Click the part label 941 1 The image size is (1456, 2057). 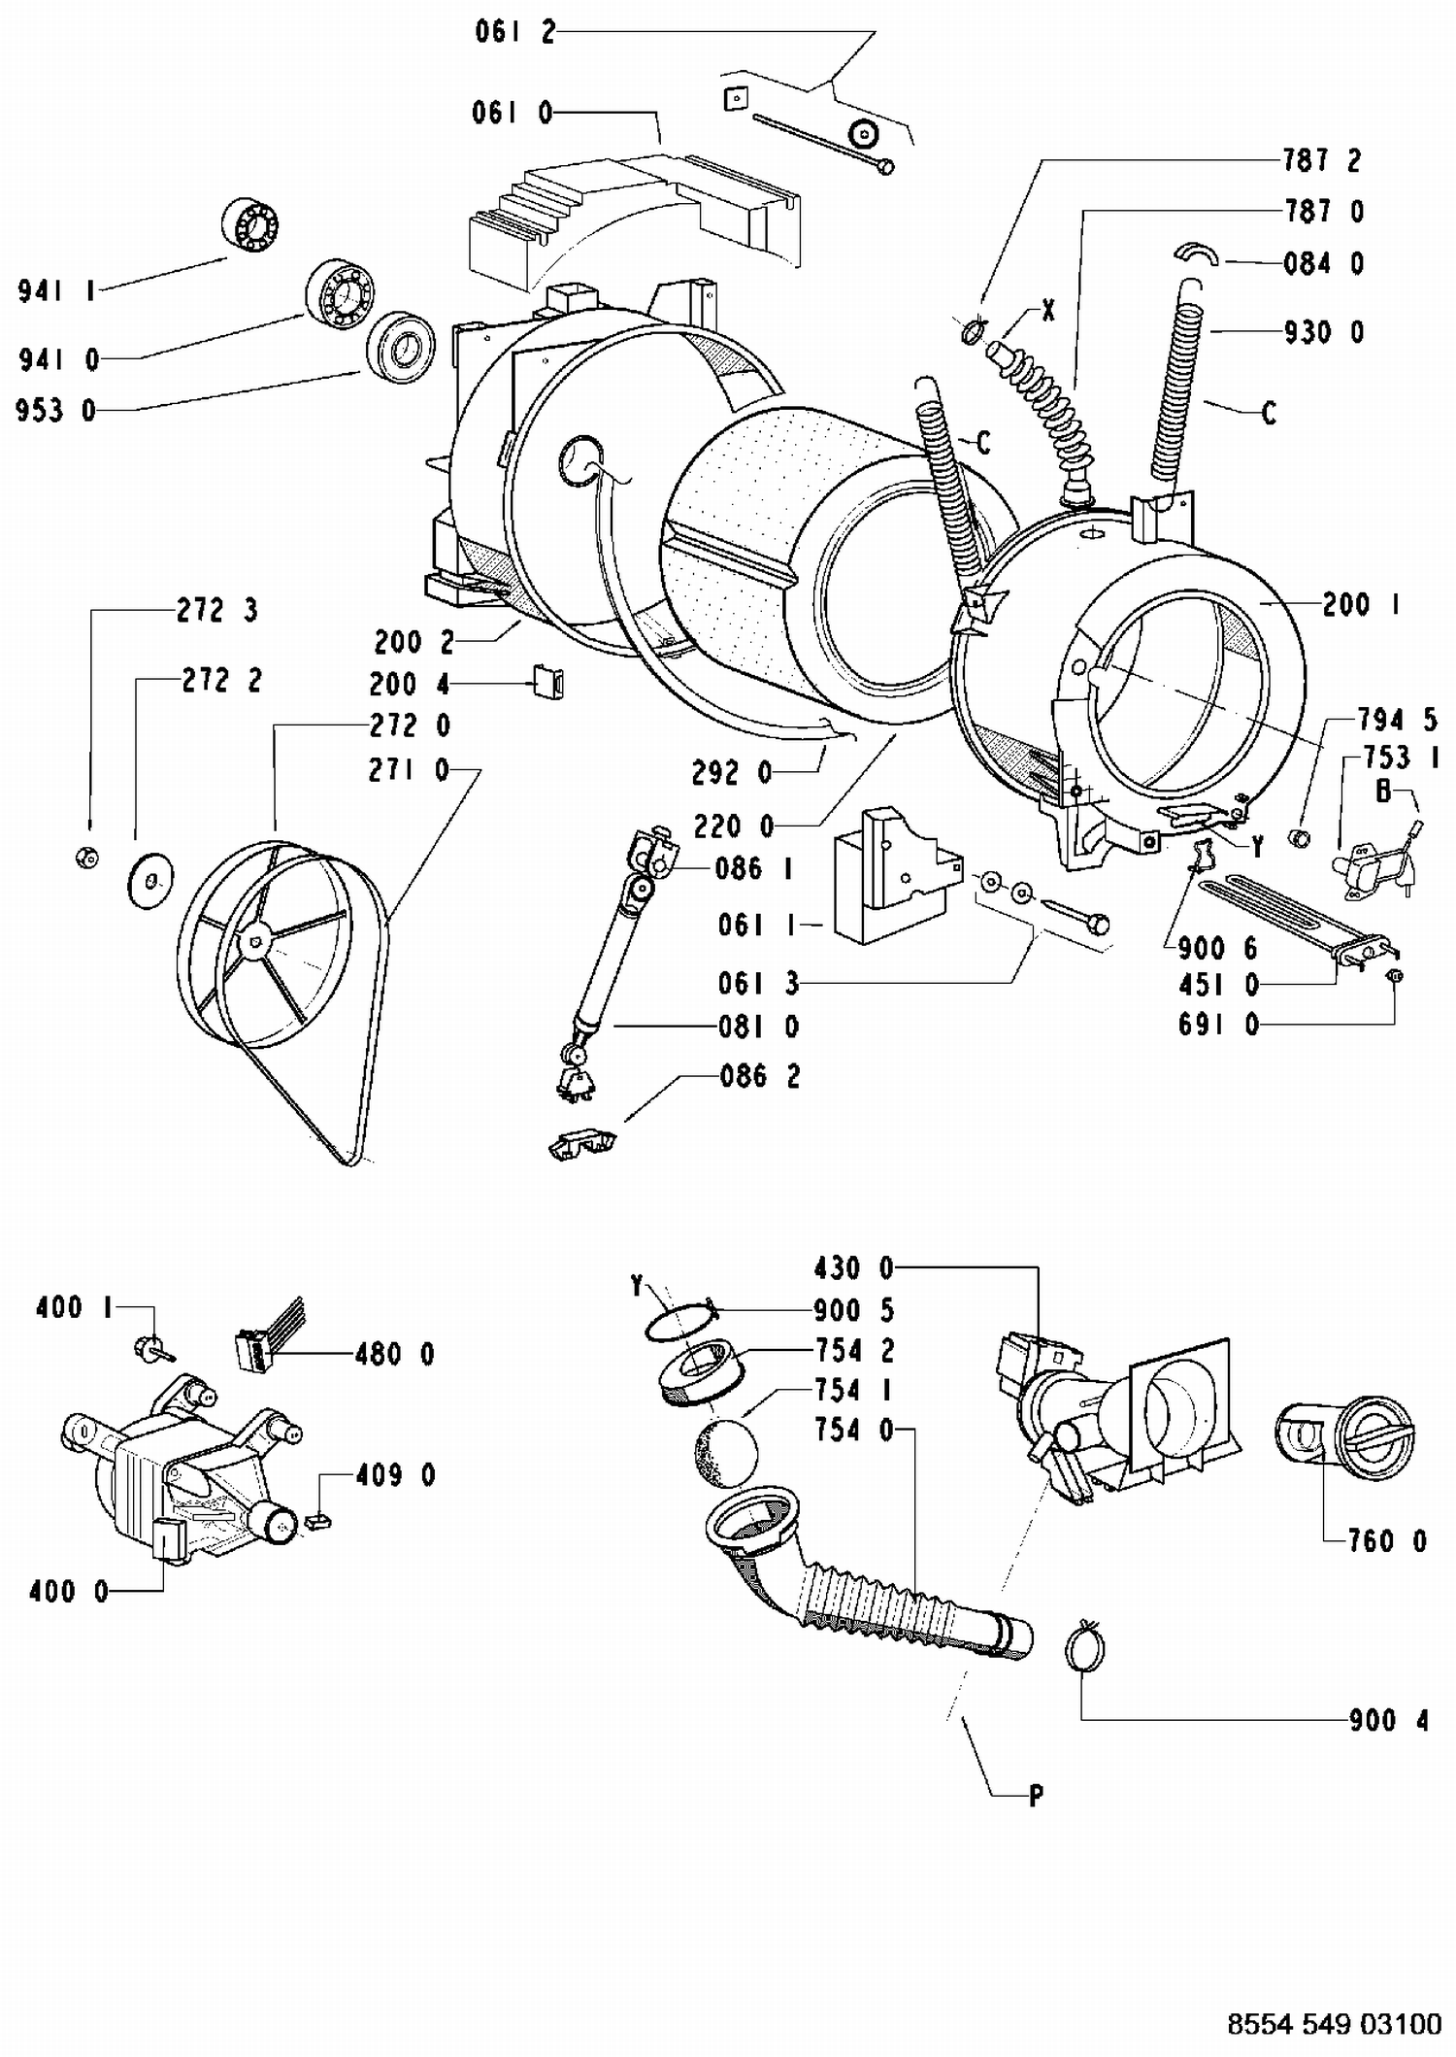point(55,290)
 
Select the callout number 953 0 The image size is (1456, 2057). point(56,411)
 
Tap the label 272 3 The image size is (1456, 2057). point(217,611)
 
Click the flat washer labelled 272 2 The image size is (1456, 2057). point(150,881)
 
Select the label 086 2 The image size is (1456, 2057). point(760,1077)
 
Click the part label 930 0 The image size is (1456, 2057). point(1324,333)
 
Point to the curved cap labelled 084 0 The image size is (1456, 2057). point(1196,253)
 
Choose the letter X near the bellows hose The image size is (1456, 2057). point(1047,311)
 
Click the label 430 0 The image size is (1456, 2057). point(854,1268)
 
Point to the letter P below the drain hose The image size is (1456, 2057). point(1036,1797)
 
